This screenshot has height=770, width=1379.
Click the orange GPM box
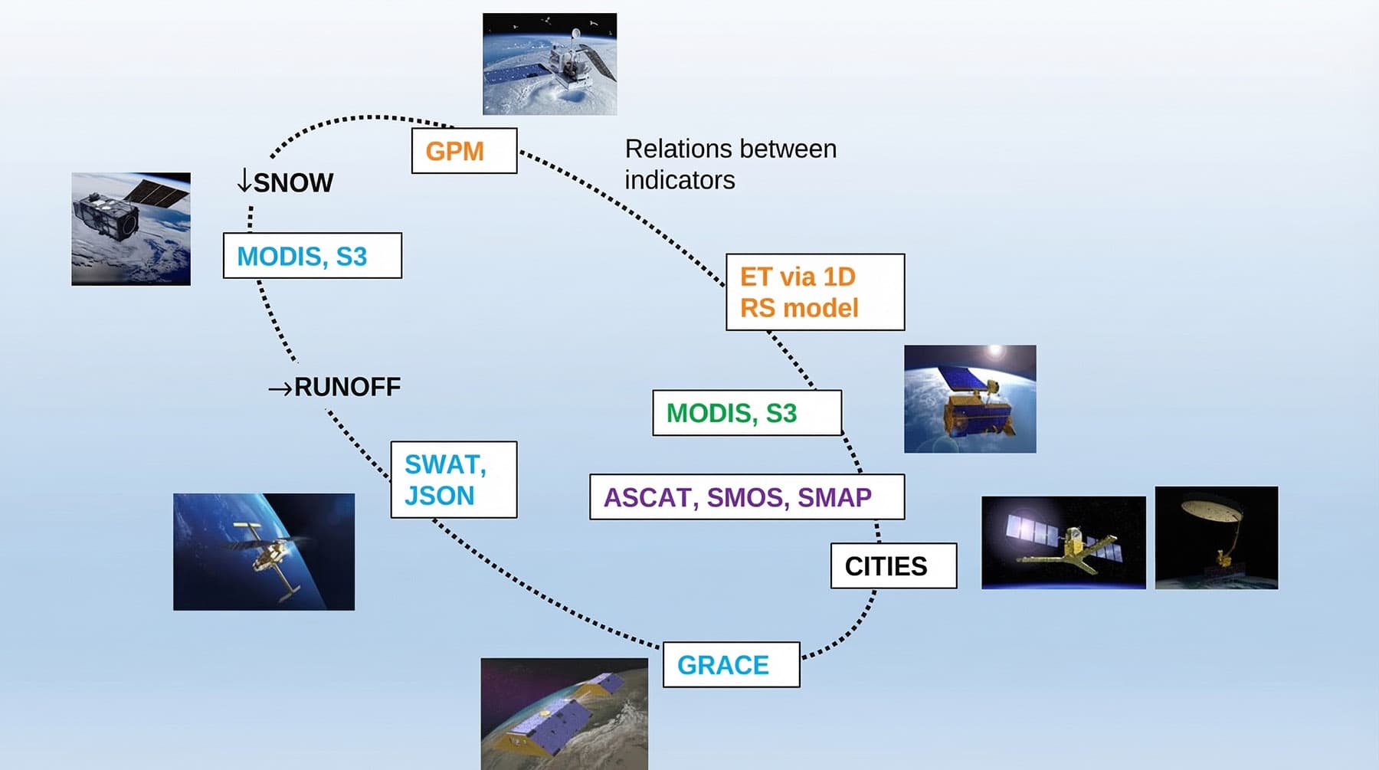tap(463, 151)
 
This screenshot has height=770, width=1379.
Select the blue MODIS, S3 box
tap(312, 256)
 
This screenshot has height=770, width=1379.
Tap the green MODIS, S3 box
tap(746, 413)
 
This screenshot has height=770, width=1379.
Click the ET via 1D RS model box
tap(814, 292)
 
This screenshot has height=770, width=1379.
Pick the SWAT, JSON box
tap(454, 480)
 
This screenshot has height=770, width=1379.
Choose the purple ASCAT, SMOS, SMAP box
tap(746, 497)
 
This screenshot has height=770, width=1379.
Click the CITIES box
tap(893, 566)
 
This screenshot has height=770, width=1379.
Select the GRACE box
tap(731, 665)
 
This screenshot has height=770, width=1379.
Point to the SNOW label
tap(293, 183)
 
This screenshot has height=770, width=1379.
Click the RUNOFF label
tap(347, 387)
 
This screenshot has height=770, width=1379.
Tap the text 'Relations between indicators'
tap(730, 164)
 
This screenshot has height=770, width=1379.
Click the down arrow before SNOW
tap(244, 181)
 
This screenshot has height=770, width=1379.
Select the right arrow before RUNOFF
tap(280, 388)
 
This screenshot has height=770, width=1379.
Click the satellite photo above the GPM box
tap(549, 64)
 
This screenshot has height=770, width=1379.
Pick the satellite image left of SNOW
tap(131, 229)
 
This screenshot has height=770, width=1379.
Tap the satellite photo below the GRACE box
tap(564, 713)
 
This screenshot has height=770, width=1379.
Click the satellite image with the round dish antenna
tap(1216, 538)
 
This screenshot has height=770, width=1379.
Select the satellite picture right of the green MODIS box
tap(970, 398)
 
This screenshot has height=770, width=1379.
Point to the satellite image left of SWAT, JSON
tap(264, 552)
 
